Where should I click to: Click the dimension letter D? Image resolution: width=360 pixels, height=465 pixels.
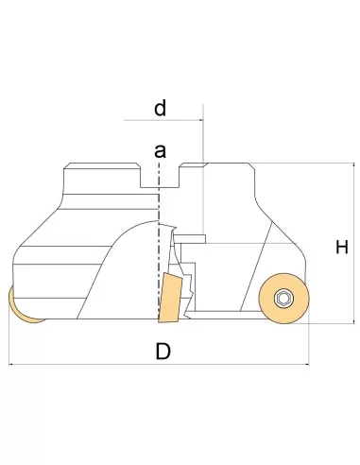click(x=163, y=352)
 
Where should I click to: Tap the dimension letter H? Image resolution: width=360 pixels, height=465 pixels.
click(x=342, y=247)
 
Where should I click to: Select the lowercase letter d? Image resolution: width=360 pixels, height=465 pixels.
click(x=160, y=108)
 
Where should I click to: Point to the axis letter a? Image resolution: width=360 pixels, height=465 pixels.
click(x=160, y=151)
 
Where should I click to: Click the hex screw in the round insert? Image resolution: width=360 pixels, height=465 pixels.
click(x=283, y=299)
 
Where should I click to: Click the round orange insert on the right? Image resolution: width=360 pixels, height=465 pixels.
click(x=283, y=299)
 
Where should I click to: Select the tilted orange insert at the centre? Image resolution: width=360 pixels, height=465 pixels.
click(x=170, y=299)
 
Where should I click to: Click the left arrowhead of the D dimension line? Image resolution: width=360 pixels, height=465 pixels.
click(x=11, y=365)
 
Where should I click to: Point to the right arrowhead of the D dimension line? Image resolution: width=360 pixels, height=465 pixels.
click(x=307, y=365)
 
